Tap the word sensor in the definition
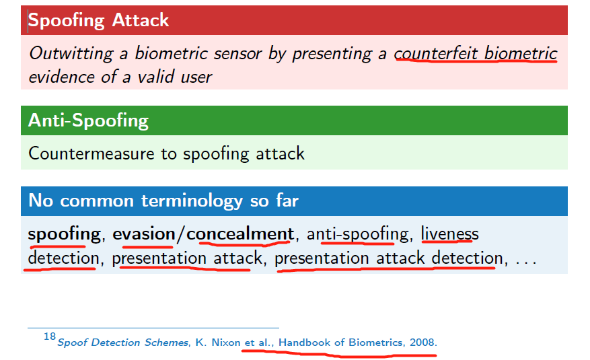click(x=231, y=54)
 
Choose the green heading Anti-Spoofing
click(x=88, y=120)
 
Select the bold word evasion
click(x=143, y=234)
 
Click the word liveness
click(x=449, y=234)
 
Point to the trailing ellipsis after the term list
click(x=525, y=259)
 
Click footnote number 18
click(x=49, y=336)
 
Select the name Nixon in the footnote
click(x=225, y=343)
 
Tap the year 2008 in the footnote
click(x=421, y=343)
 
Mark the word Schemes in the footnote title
click(x=167, y=343)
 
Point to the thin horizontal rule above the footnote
click(x=153, y=328)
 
